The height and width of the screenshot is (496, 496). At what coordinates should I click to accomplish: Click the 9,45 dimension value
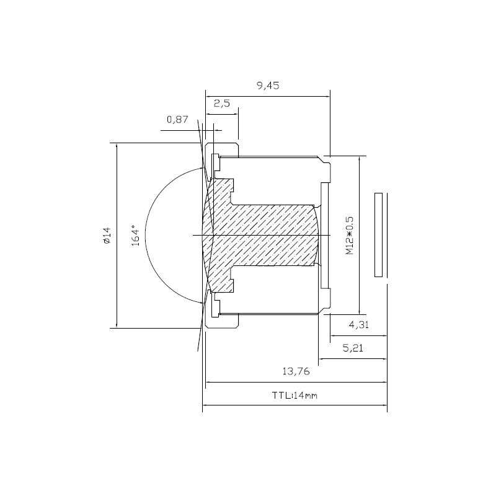tap(268, 86)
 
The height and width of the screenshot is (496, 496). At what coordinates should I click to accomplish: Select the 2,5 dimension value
tap(222, 103)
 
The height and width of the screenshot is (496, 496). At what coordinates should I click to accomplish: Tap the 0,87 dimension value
tap(177, 120)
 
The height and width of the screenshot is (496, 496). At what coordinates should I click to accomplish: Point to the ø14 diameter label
tap(107, 236)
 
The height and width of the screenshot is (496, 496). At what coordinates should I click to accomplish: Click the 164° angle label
tap(135, 236)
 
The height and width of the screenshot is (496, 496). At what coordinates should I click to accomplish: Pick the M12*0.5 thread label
tap(349, 236)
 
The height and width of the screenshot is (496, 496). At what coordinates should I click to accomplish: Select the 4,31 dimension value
tap(359, 324)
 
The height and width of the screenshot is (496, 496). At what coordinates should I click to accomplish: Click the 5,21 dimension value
tap(353, 348)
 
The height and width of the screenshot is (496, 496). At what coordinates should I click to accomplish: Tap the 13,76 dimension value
tap(296, 371)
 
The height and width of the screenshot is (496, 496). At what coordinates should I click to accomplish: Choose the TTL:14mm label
tap(294, 396)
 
